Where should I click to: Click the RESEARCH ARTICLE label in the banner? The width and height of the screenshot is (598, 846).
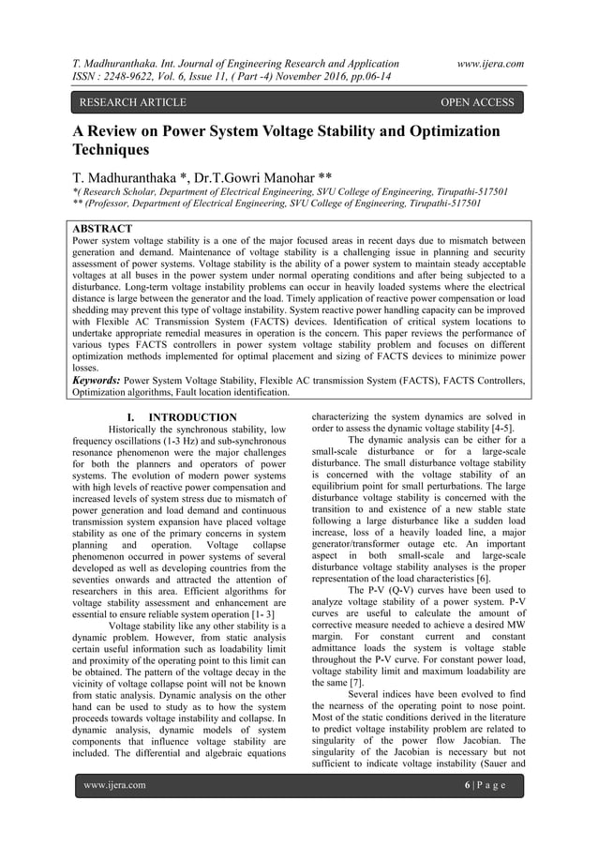pyautogui.click(x=124, y=102)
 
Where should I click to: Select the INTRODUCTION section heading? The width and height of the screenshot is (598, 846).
pyautogui.click(x=193, y=417)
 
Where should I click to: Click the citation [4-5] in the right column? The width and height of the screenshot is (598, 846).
pyautogui.click(x=507, y=431)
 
